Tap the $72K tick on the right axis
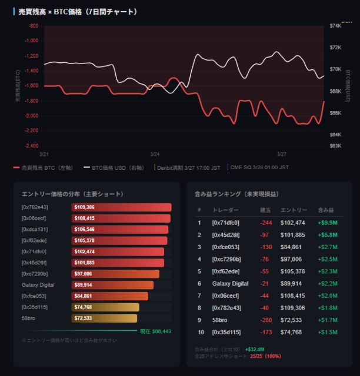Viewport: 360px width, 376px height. (x=335, y=47)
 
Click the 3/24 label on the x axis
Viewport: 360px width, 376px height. (x=155, y=154)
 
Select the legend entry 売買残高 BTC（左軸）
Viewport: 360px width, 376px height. (x=46, y=167)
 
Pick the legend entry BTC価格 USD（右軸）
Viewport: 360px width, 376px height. (x=121, y=167)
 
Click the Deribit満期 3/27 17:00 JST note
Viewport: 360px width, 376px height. (x=188, y=167)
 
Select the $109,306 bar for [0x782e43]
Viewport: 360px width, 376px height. (x=121, y=207)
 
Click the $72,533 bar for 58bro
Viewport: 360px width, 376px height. (x=104, y=318)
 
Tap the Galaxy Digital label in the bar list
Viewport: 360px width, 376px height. (x=38, y=285)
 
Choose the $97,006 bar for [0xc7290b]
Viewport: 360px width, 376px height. (x=115, y=274)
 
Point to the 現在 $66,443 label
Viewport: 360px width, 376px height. (x=155, y=331)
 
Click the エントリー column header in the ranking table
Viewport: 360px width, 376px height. (x=293, y=210)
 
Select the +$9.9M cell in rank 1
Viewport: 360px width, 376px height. (x=328, y=223)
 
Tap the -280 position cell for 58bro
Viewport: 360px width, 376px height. (x=265, y=320)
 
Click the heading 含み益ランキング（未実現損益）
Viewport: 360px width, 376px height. (x=236, y=194)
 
